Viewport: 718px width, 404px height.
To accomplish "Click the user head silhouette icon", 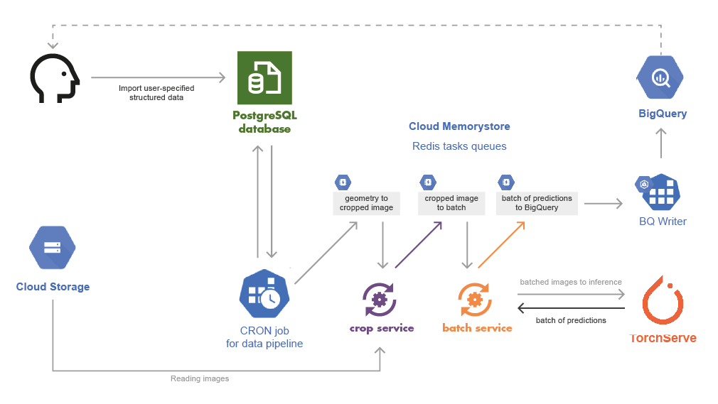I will tap(54, 77).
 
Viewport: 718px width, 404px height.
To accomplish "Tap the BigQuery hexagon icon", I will tap(660, 77).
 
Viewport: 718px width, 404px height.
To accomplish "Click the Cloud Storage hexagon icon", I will tap(52, 248).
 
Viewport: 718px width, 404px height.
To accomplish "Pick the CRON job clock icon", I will tap(264, 294).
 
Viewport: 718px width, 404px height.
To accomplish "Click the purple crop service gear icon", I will tap(379, 299).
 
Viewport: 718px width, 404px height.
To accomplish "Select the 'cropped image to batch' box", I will tap(451, 202).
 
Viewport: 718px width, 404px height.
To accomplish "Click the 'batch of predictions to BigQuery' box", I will tap(537, 202).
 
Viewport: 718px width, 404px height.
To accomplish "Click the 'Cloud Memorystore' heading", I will tap(459, 126).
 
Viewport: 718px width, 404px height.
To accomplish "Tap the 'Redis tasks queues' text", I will tap(459, 146).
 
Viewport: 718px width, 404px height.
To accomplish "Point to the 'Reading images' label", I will tap(200, 379).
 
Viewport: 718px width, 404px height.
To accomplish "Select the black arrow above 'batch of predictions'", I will tap(571, 308).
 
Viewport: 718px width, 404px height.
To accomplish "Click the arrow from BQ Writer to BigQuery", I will tap(661, 143).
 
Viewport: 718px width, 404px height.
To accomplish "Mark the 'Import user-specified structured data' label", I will tap(156, 92).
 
